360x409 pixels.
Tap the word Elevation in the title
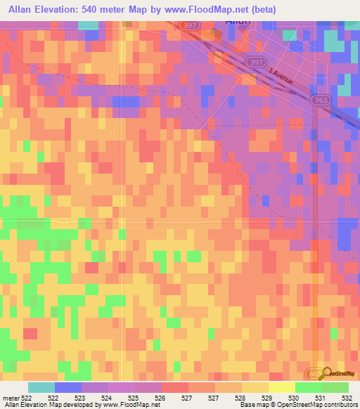(60, 9)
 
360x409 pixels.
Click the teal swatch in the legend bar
(41, 387)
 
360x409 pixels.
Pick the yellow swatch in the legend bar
(281, 387)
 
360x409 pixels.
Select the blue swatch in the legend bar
(67, 387)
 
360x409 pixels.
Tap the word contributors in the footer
(337, 405)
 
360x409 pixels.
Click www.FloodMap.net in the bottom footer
(130, 405)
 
